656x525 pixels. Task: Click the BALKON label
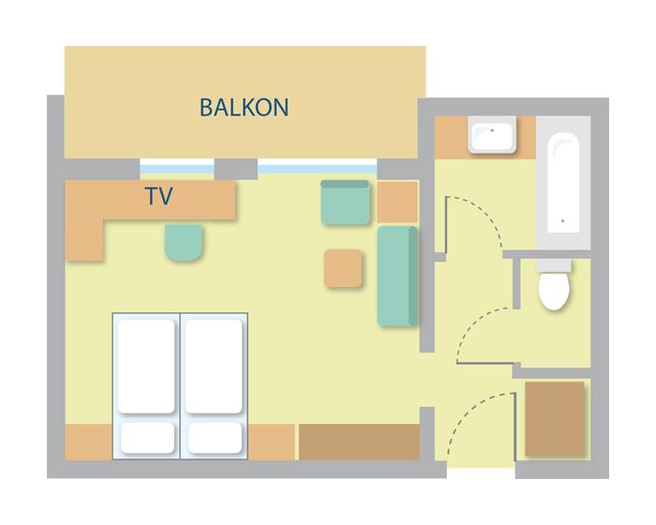(x=244, y=107)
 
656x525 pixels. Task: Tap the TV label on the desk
(x=159, y=196)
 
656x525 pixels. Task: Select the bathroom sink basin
(x=492, y=135)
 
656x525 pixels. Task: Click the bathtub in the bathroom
(x=563, y=183)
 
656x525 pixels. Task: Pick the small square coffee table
(x=343, y=268)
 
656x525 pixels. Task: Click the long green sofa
(x=397, y=277)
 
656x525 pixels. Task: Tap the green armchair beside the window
(x=345, y=202)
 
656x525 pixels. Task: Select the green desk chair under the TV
(x=184, y=243)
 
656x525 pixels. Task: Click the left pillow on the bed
(x=147, y=438)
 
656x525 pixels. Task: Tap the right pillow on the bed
(x=215, y=438)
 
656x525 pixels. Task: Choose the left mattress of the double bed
(x=146, y=367)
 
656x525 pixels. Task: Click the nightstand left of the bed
(x=89, y=442)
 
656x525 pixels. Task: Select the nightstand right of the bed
(x=272, y=442)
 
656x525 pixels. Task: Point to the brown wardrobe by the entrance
(x=555, y=418)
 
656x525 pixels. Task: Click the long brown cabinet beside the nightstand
(x=359, y=442)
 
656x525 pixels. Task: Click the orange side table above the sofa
(x=397, y=202)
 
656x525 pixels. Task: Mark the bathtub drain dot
(x=562, y=220)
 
